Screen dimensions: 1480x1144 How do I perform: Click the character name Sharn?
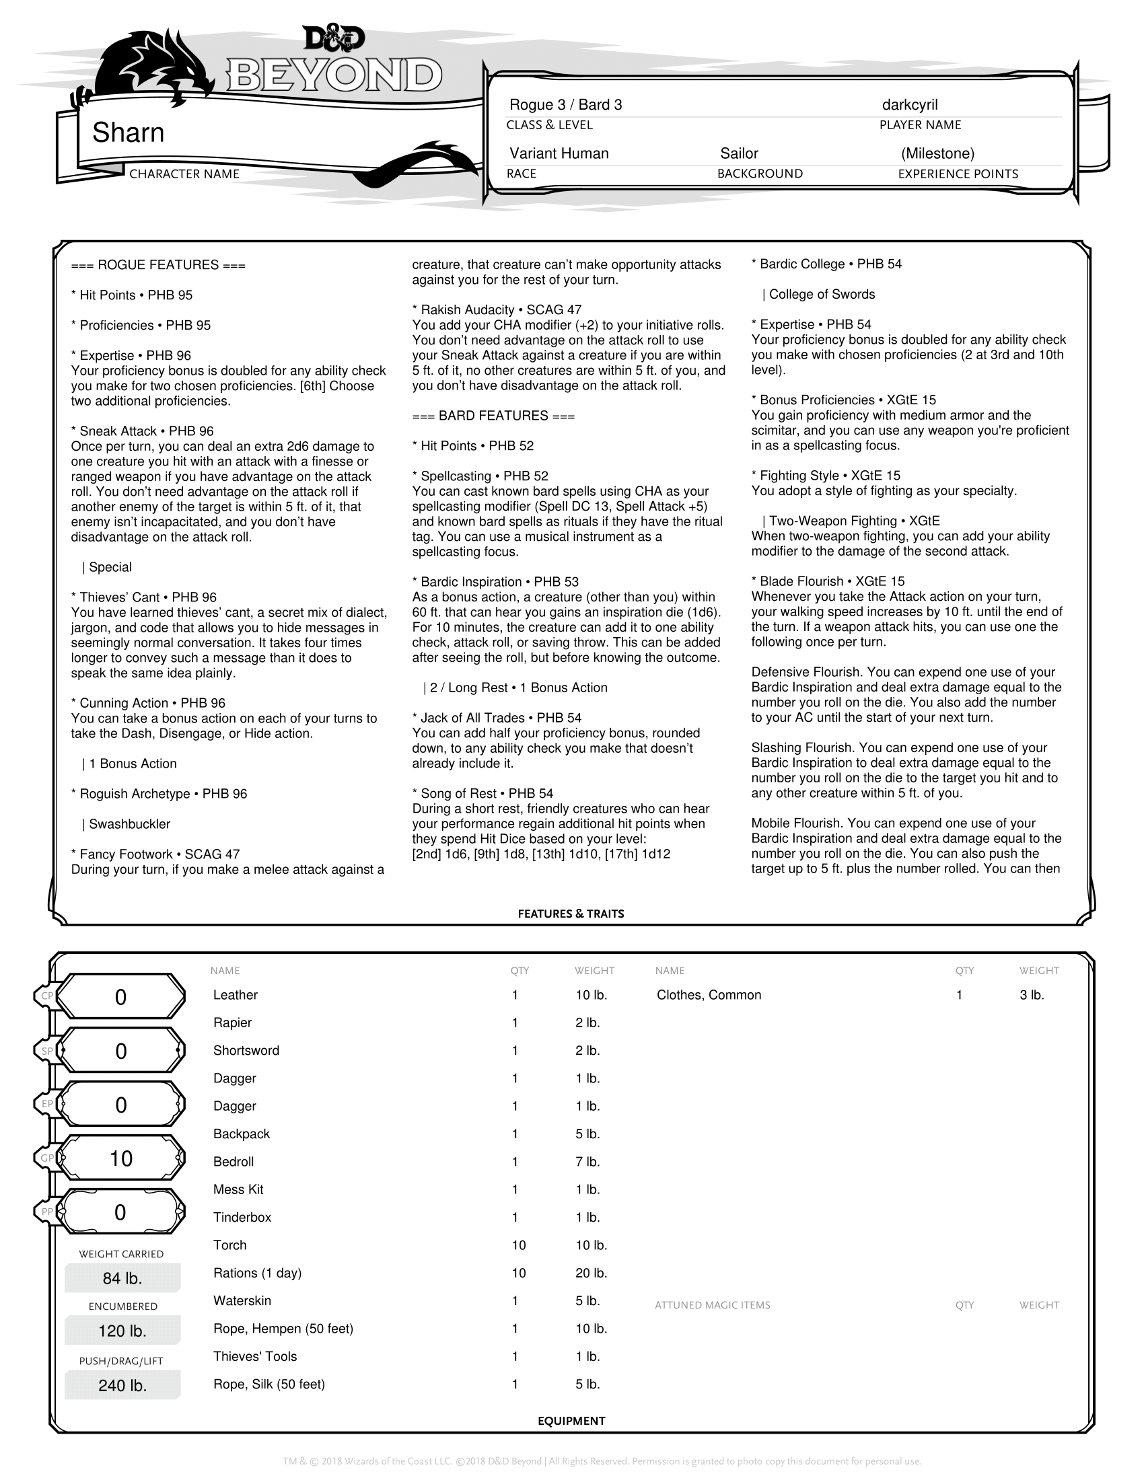tap(128, 133)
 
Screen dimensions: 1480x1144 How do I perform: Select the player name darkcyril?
tap(910, 105)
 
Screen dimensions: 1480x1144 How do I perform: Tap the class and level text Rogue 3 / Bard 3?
tap(565, 105)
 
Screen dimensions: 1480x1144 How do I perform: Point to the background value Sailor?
tap(739, 154)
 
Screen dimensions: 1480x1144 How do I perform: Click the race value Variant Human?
tap(559, 154)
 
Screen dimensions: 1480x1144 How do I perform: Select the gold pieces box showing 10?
tap(120, 1158)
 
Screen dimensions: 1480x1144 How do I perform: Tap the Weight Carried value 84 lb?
tap(122, 1278)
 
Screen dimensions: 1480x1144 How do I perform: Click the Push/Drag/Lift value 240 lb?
tap(122, 1385)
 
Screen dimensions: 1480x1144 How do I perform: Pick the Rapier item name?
tap(232, 1023)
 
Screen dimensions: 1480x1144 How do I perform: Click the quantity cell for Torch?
tap(518, 1245)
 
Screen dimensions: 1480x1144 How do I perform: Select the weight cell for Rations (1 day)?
tap(591, 1273)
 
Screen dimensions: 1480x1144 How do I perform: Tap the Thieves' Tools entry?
tap(255, 1356)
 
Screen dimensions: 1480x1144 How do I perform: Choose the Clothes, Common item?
tap(709, 995)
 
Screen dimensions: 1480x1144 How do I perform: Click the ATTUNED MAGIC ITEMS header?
tap(712, 1305)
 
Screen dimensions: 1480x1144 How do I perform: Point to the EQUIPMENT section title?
tap(571, 1420)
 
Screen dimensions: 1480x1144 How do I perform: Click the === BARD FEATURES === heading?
tap(493, 416)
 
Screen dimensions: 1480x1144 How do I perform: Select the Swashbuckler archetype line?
tap(129, 824)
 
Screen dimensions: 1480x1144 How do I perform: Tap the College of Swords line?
tap(822, 294)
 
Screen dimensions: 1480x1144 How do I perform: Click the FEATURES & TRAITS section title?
tap(571, 914)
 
